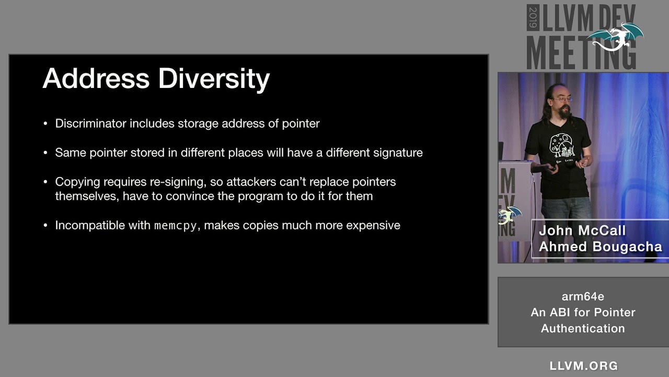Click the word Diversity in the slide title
[x=214, y=79]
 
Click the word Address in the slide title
[x=96, y=79]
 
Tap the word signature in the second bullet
[x=398, y=153]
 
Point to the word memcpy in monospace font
[x=175, y=226]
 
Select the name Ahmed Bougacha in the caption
[x=600, y=247]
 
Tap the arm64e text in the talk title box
[x=583, y=296]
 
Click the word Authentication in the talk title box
[x=583, y=328]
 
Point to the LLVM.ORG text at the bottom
[x=584, y=365]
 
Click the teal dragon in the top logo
[x=617, y=37]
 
